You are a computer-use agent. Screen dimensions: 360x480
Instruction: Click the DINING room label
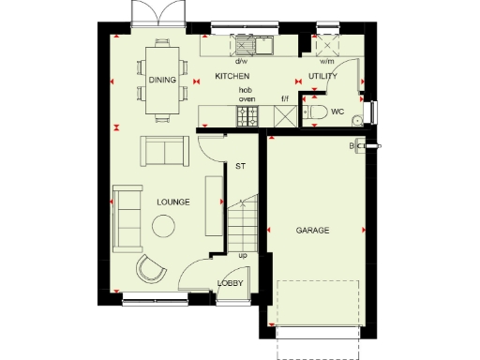[x=162, y=81]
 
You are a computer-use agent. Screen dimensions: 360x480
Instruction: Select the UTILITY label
[x=322, y=76]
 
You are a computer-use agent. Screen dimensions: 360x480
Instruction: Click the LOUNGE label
[x=173, y=202]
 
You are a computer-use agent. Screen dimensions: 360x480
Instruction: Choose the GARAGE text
[x=312, y=230]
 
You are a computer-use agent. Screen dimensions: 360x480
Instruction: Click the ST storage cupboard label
[x=240, y=166]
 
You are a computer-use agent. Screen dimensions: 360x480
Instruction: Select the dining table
[x=162, y=82]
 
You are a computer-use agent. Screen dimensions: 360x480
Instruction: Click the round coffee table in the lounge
[x=166, y=226]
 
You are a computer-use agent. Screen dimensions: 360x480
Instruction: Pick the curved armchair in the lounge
[x=150, y=268]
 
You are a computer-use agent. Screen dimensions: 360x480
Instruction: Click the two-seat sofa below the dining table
[x=164, y=150]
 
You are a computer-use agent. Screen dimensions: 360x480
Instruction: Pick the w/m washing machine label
[x=328, y=62]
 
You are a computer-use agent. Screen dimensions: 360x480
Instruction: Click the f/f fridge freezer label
[x=283, y=97]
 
